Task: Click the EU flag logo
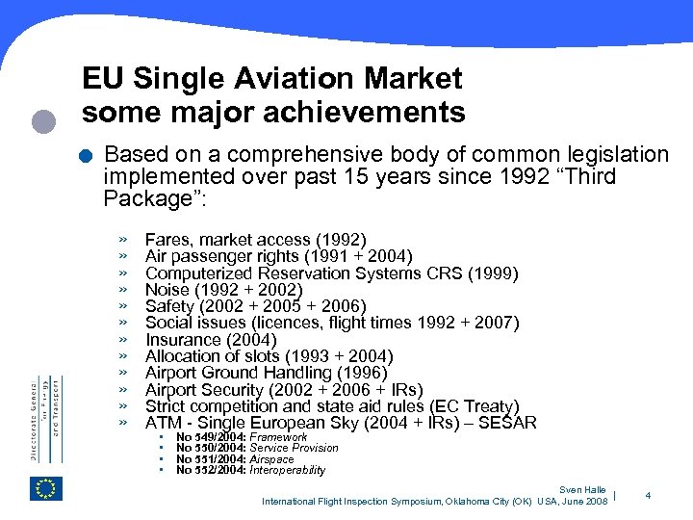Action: pos(46,488)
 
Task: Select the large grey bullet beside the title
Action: pos(43,120)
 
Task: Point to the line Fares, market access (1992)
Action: pos(255,240)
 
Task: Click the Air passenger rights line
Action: pos(278,256)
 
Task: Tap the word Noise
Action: pos(167,290)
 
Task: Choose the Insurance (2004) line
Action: pos(210,340)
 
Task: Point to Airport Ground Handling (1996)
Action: pos(266,373)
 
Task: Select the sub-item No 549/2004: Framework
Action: pos(242,437)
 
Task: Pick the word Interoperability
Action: pos(287,471)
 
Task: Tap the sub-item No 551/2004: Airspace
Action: pos(235,459)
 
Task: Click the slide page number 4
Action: pos(648,496)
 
